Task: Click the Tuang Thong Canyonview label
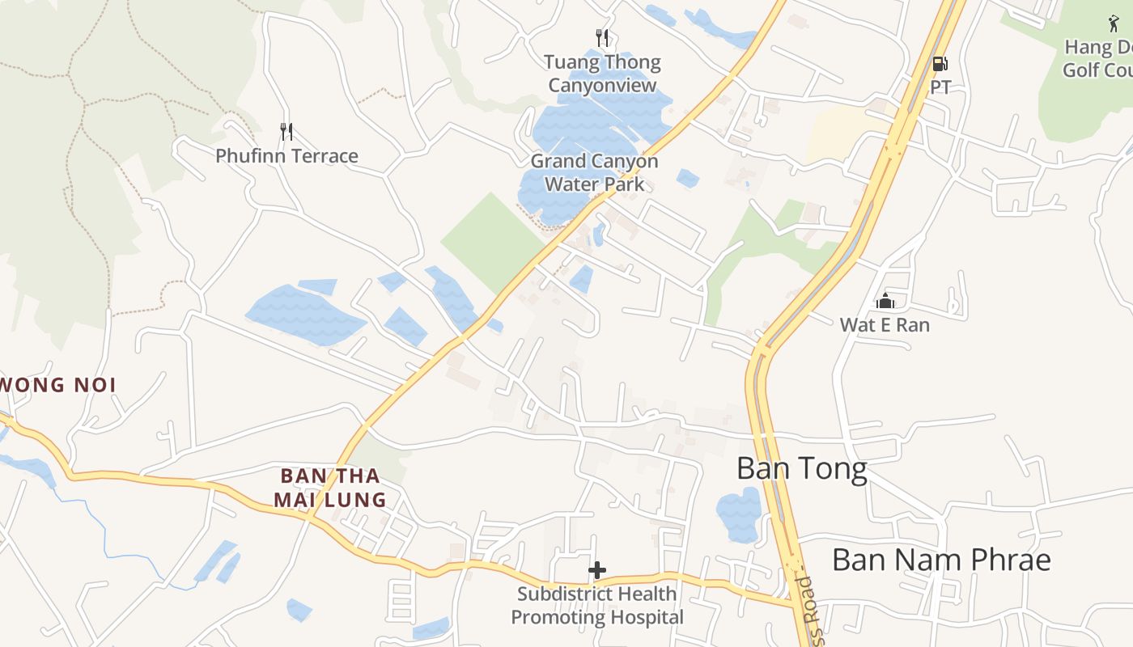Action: (602, 74)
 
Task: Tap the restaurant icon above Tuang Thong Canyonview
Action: (601, 38)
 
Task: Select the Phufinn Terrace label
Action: (286, 156)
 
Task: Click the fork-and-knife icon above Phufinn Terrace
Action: (286, 131)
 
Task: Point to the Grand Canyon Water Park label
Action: (594, 172)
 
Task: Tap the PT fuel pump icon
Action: (940, 63)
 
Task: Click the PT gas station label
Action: (940, 87)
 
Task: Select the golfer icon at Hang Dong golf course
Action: (1114, 23)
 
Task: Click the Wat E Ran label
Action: (885, 325)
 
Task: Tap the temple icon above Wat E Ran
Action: (885, 302)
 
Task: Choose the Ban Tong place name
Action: (802, 469)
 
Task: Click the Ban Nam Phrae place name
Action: (941, 560)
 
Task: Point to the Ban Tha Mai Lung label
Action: (329, 488)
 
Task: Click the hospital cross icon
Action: (597, 570)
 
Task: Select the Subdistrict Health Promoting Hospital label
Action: (597, 606)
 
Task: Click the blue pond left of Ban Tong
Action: (738, 514)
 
